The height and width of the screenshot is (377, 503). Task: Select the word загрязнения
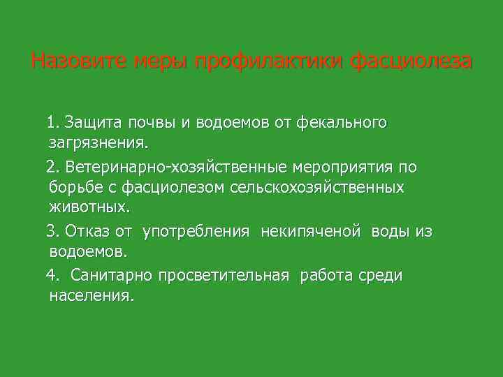pyautogui.click(x=99, y=143)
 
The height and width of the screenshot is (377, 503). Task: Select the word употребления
pyautogui.click(x=196, y=230)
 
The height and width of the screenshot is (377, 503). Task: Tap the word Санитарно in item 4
pyautogui.click(x=110, y=275)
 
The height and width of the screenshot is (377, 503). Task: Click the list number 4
pyautogui.click(x=52, y=275)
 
